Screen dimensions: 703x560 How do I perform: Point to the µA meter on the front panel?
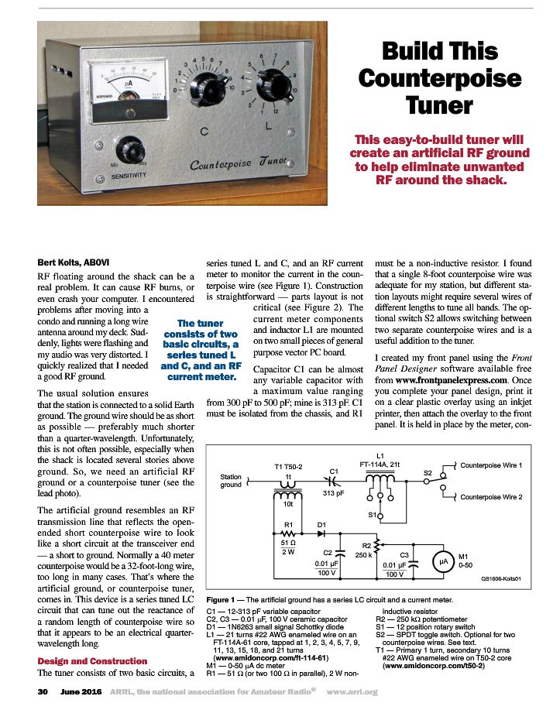pos(125,84)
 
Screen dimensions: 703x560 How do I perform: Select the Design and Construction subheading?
pos(92,660)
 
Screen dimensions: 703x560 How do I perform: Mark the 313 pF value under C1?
pos(333,492)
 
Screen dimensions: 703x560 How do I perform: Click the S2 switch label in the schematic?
pos(427,472)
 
